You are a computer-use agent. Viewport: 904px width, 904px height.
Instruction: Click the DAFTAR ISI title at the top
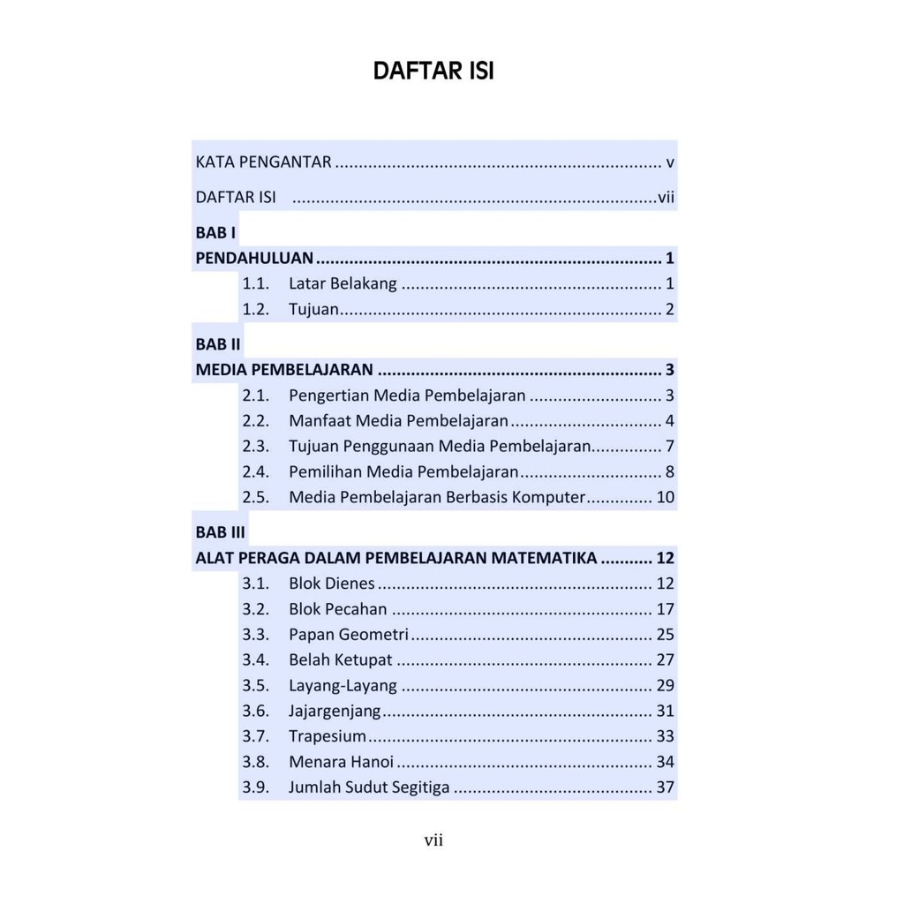pyautogui.click(x=433, y=71)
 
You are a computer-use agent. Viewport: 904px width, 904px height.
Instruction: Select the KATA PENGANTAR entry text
pyautogui.click(x=263, y=162)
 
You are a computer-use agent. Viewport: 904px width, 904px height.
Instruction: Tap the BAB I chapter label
pyautogui.click(x=215, y=233)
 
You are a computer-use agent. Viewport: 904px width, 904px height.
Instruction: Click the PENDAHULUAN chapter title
pyautogui.click(x=254, y=259)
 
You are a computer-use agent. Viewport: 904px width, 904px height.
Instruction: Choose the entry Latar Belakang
pyautogui.click(x=343, y=284)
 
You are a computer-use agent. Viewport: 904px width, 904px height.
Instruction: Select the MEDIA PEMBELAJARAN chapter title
pyautogui.click(x=283, y=370)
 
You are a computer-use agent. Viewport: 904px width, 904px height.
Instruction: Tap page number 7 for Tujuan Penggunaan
pyautogui.click(x=670, y=446)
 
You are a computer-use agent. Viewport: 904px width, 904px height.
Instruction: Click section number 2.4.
pyautogui.click(x=255, y=471)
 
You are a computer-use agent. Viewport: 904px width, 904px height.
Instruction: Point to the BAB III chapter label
pyautogui.click(x=220, y=533)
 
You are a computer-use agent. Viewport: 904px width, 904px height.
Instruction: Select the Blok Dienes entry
pyautogui.click(x=332, y=584)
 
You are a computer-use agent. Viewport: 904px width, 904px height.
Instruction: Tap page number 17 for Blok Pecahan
pyautogui.click(x=666, y=609)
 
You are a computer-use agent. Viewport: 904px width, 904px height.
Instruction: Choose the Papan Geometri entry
pyautogui.click(x=349, y=634)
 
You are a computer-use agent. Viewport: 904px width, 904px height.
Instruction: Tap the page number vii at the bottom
pyautogui.click(x=433, y=841)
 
